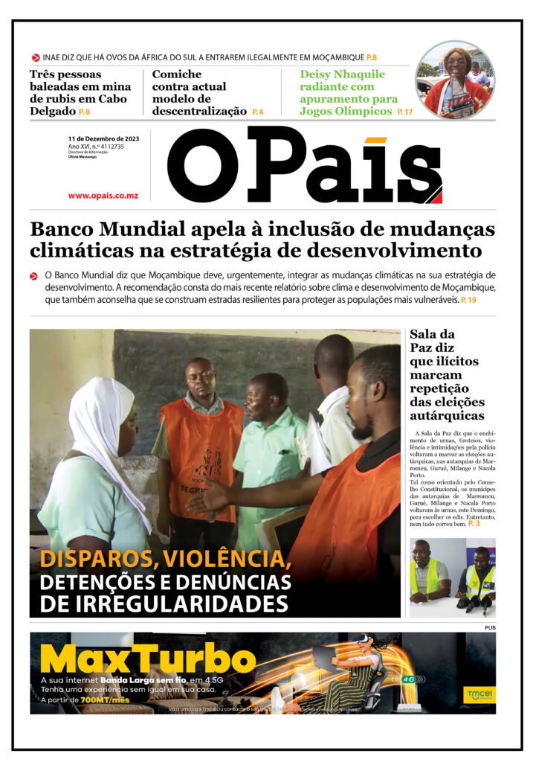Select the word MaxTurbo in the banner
[x=148, y=659]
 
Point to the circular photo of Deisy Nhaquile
[x=455, y=80]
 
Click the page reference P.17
[x=404, y=112]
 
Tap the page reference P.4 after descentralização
[x=257, y=112]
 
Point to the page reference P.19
[x=468, y=300]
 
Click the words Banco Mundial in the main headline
[x=103, y=228]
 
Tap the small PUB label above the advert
[x=489, y=627]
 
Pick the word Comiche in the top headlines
[x=177, y=74]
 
